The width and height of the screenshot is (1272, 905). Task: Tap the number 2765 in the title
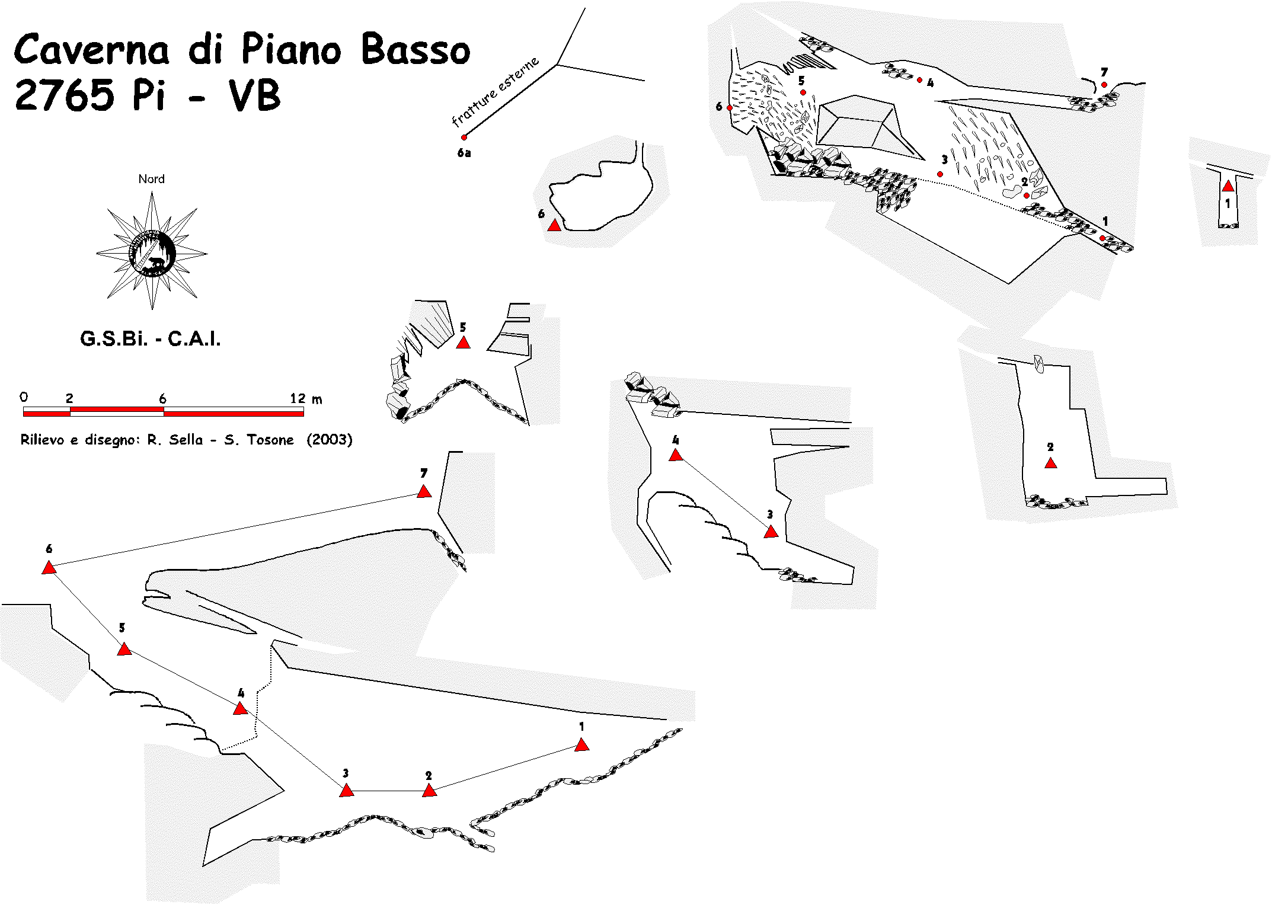(64, 95)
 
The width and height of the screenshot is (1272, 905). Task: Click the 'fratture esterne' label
(496, 91)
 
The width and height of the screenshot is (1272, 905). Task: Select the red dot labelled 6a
(464, 137)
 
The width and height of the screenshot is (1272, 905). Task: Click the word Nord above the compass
(151, 179)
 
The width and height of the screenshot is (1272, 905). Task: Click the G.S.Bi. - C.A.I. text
(151, 339)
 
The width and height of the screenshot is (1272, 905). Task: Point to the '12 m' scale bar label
(306, 399)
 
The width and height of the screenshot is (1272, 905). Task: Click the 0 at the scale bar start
(24, 397)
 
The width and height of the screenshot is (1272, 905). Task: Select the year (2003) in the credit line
(330, 440)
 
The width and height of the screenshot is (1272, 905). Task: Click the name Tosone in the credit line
(270, 440)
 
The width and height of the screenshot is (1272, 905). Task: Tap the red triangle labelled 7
(424, 491)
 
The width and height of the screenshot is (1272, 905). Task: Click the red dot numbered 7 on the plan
(1104, 85)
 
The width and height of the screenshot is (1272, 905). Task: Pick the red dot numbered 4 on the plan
(919, 79)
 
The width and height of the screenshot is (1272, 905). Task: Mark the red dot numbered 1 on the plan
(1102, 238)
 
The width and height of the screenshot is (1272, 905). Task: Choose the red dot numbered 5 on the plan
(803, 92)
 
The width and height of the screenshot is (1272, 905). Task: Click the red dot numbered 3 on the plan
(940, 174)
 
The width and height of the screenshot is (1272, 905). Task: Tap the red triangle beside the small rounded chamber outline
(554, 225)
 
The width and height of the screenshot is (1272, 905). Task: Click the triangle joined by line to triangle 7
(49, 568)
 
